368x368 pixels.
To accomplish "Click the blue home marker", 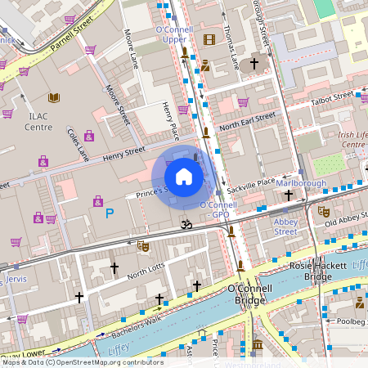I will pyautogui.click(x=184, y=177).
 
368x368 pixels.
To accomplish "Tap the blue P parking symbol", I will pyautogui.click(x=110, y=214).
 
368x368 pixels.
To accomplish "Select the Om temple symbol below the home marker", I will pyautogui.click(x=185, y=222).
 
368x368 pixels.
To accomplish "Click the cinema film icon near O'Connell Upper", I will pyautogui.click(x=209, y=39).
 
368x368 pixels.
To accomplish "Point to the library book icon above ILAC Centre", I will pyautogui.click(x=54, y=98).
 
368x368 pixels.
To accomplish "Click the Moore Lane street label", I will pyautogui.click(x=131, y=50).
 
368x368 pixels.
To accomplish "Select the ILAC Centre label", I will pyautogui.click(x=38, y=122).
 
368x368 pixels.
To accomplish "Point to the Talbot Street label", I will pyautogui.click(x=332, y=99).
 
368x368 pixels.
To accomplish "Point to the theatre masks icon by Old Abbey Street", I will pyautogui.click(x=323, y=211).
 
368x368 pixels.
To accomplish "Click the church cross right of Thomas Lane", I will pyautogui.click(x=254, y=63).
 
